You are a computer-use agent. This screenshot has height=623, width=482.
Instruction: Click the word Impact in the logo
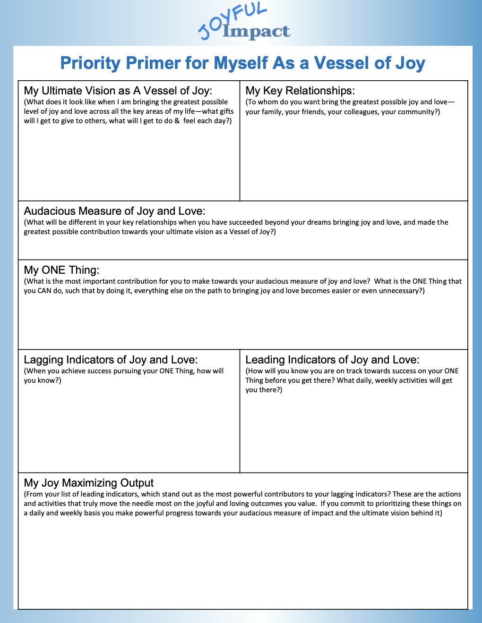(256, 31)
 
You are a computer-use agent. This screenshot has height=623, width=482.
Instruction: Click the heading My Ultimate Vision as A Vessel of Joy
(118, 91)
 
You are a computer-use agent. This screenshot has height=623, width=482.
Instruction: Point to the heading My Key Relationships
(300, 91)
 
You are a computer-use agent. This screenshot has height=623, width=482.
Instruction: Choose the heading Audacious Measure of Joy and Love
(114, 211)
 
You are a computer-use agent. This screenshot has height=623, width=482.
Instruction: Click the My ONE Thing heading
(61, 270)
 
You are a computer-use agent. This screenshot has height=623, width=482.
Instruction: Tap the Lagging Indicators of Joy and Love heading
(111, 360)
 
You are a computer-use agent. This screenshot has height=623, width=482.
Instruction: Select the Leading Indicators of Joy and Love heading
(332, 360)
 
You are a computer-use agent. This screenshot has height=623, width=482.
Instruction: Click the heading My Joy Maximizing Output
(88, 483)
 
